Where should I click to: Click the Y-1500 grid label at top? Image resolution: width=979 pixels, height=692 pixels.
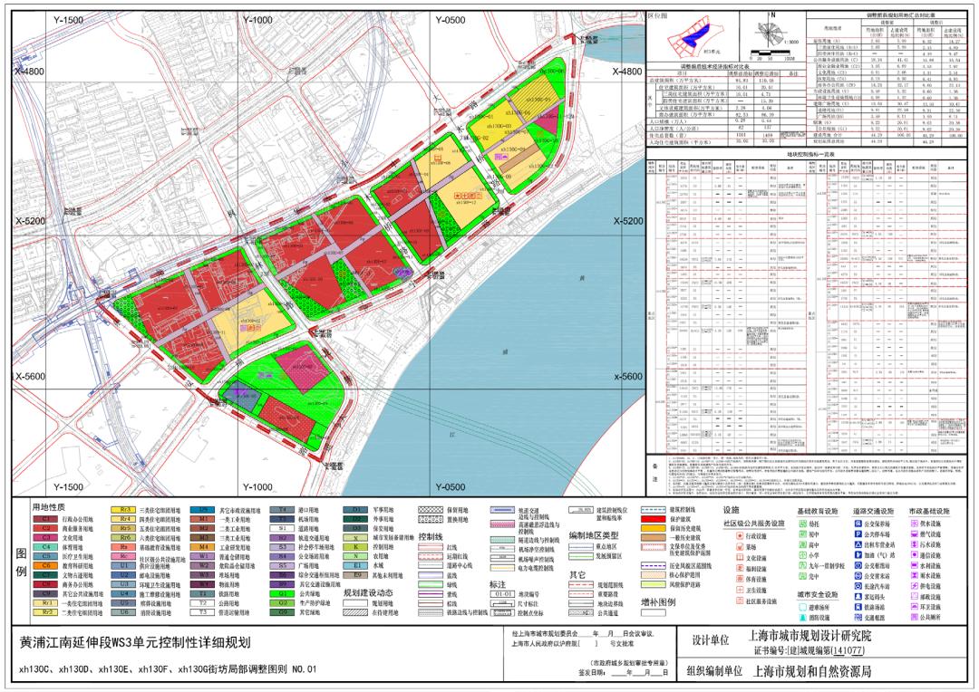pyautogui.click(x=68, y=20)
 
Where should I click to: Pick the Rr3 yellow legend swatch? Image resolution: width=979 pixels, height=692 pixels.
pyautogui.click(x=122, y=510)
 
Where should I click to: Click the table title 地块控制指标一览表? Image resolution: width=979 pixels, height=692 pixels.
pyautogui.click(x=810, y=157)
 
